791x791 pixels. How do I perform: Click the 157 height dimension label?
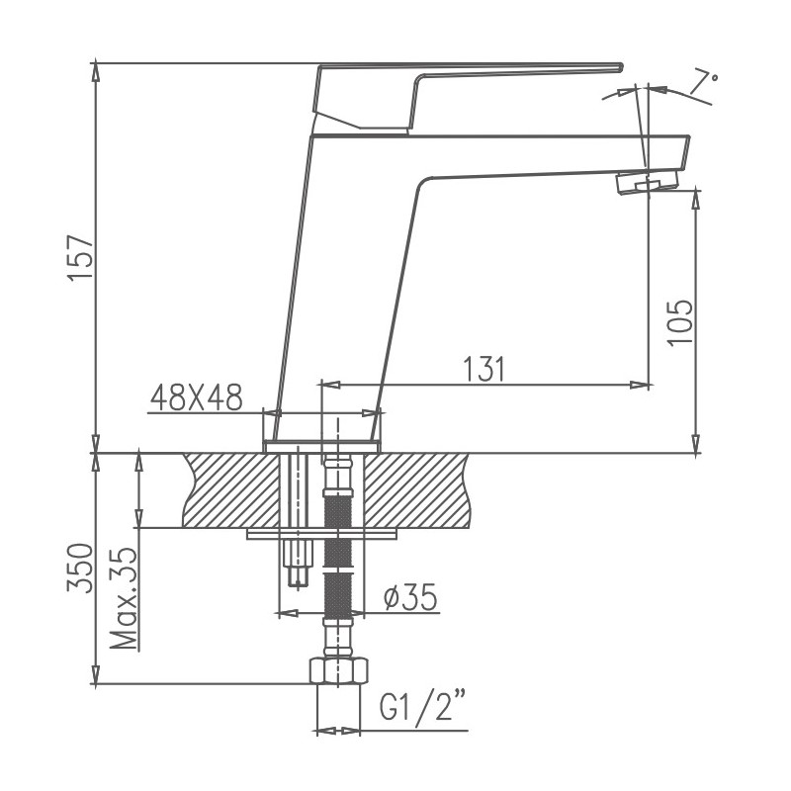tap(81, 259)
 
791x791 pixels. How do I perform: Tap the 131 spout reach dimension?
tap(484, 369)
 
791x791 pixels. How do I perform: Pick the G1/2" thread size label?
tap(423, 708)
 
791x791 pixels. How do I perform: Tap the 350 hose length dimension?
tap(81, 568)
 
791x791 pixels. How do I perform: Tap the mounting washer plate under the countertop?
tap(321, 535)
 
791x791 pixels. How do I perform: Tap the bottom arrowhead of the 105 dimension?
tap(696, 447)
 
